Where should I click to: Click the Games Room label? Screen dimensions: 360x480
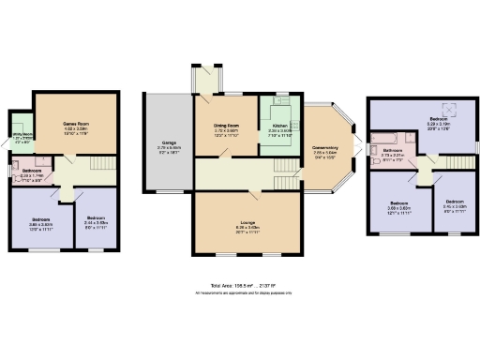[75, 127]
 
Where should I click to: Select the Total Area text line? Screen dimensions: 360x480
[240, 285]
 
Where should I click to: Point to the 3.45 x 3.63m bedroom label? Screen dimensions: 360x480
[453, 204]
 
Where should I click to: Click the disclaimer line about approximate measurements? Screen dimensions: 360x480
[240, 293]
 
